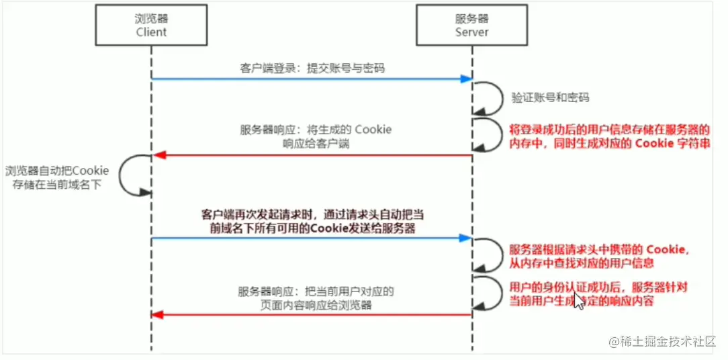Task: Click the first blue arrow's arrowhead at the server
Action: coord(467,79)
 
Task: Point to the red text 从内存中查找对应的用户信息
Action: coord(582,263)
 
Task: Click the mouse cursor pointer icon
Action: coord(579,298)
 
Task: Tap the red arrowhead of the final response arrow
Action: coord(157,315)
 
